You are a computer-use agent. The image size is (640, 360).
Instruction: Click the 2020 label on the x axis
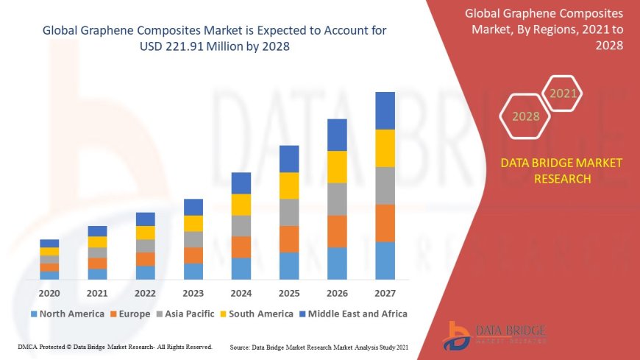point(49,292)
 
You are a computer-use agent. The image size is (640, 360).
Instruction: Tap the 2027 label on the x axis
point(385,292)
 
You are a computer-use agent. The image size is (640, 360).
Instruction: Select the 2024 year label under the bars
point(241,292)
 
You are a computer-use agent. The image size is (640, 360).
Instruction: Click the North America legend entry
point(67,314)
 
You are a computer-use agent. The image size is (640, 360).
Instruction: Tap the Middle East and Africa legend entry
point(352,314)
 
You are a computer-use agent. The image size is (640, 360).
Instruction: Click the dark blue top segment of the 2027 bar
point(385,110)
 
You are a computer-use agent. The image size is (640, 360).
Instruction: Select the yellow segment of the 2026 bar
point(337,166)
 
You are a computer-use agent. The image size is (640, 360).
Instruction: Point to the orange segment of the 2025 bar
point(289,239)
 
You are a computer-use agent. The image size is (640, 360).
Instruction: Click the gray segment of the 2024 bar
point(241,225)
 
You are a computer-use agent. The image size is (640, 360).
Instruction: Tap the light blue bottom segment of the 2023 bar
point(193,271)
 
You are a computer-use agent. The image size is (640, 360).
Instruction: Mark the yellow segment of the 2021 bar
point(97,241)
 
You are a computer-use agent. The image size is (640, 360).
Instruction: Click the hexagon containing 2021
point(563,93)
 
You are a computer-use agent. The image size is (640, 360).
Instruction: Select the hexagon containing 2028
point(525,116)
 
